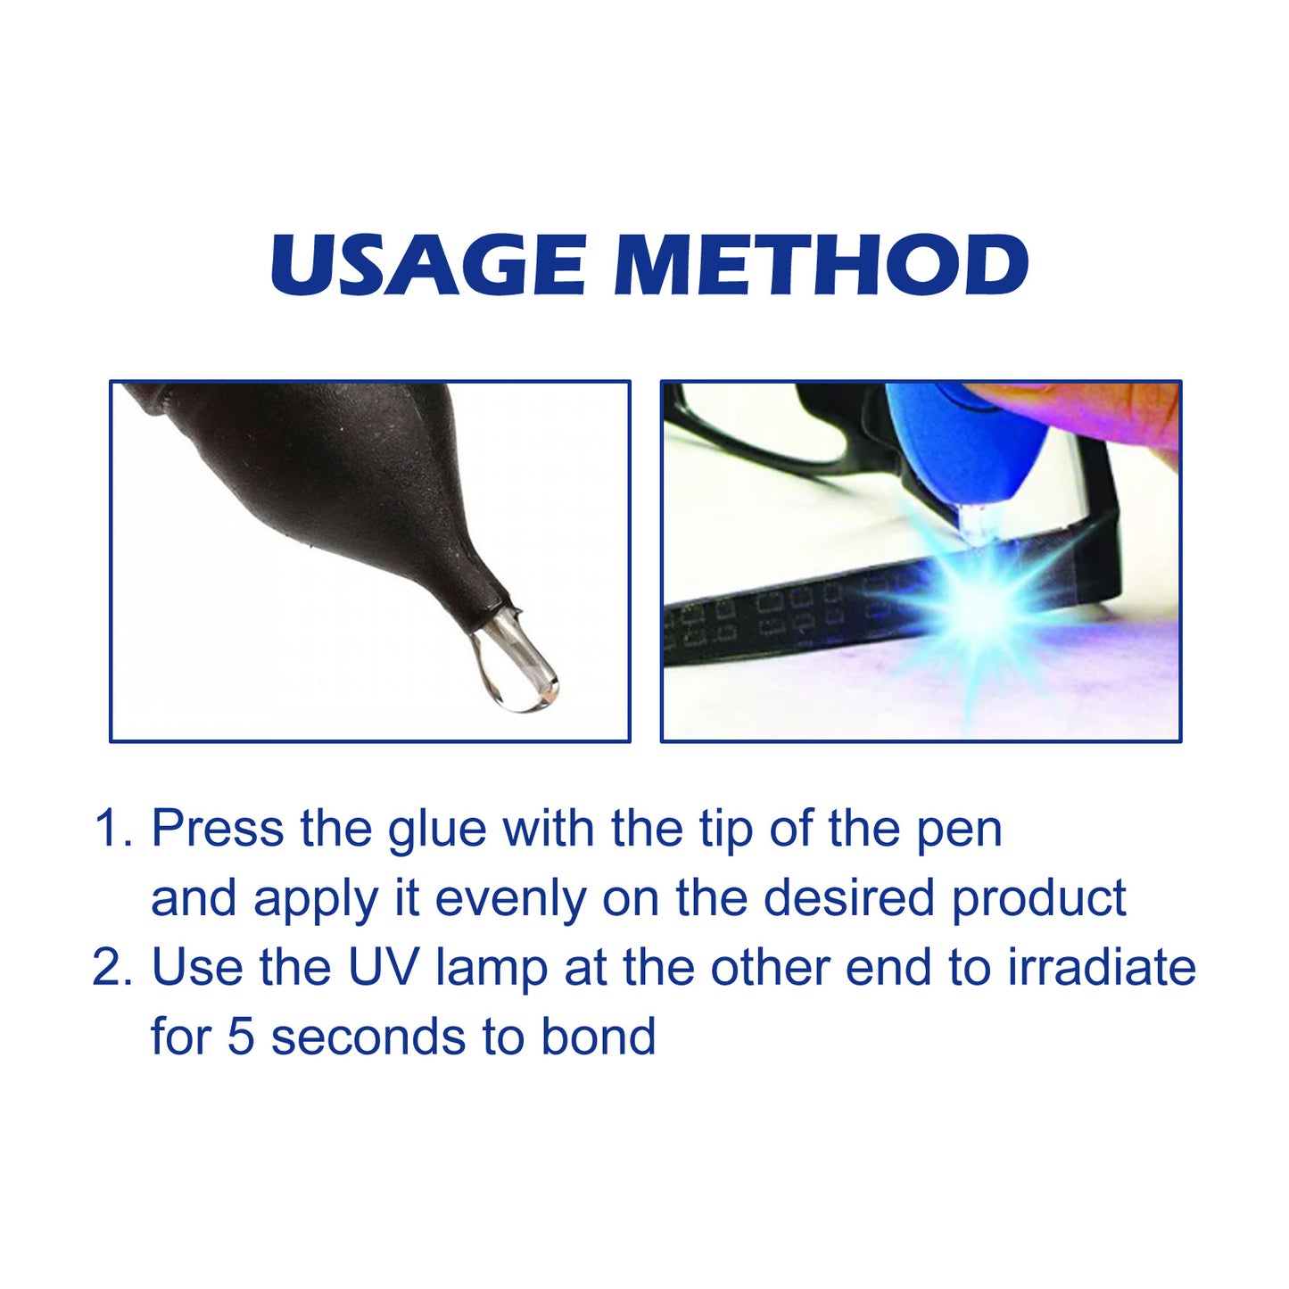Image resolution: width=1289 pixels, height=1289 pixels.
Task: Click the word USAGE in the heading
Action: pyautogui.click(x=428, y=265)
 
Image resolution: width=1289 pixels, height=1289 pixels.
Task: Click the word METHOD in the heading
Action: pyautogui.click(x=821, y=265)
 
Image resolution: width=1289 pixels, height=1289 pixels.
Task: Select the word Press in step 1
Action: pyautogui.click(x=218, y=829)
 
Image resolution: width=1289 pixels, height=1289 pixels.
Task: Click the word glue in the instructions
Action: pyautogui.click(x=437, y=830)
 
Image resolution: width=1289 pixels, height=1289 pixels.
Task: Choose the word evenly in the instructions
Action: pyautogui.click(x=510, y=899)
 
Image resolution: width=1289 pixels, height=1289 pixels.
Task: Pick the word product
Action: pyautogui.click(x=1039, y=899)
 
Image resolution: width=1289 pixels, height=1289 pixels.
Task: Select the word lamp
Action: pyautogui.click(x=492, y=969)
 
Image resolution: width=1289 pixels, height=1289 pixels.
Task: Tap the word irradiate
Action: pyautogui.click(x=1102, y=967)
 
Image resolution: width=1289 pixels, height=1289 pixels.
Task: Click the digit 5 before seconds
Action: pyautogui.click(x=240, y=1037)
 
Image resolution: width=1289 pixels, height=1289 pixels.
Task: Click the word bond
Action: pyautogui.click(x=599, y=1037)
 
